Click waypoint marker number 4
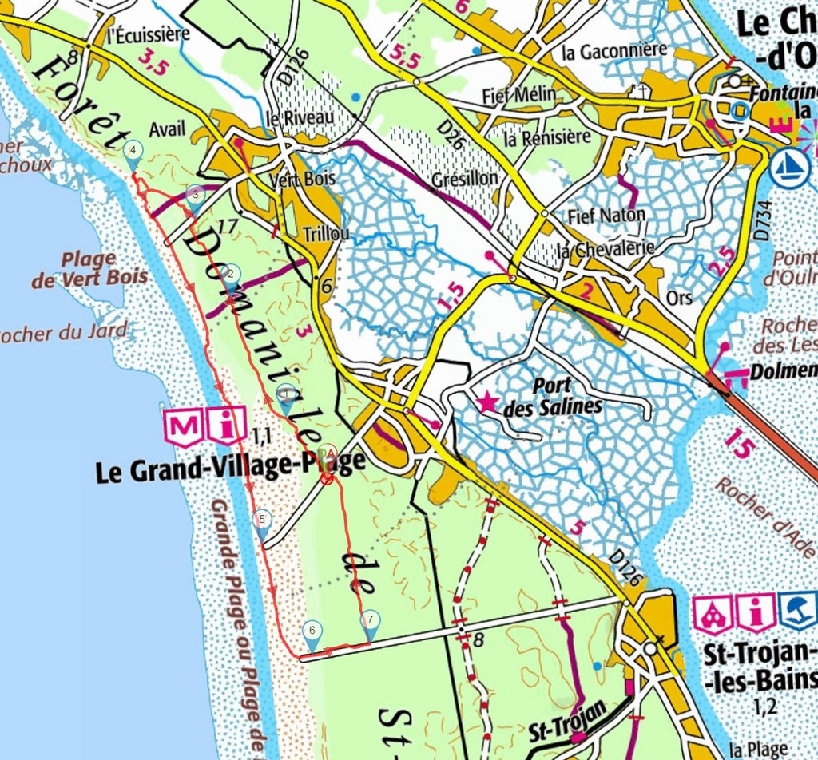[133, 149]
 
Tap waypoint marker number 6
[312, 631]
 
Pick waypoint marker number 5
[261, 520]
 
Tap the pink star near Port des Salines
[486, 402]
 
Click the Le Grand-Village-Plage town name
[230, 466]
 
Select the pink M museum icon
[183, 428]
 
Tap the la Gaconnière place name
[614, 51]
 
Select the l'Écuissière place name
[149, 34]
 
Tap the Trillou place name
[327, 234]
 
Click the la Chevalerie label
[605, 249]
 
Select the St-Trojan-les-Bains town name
[758, 668]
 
